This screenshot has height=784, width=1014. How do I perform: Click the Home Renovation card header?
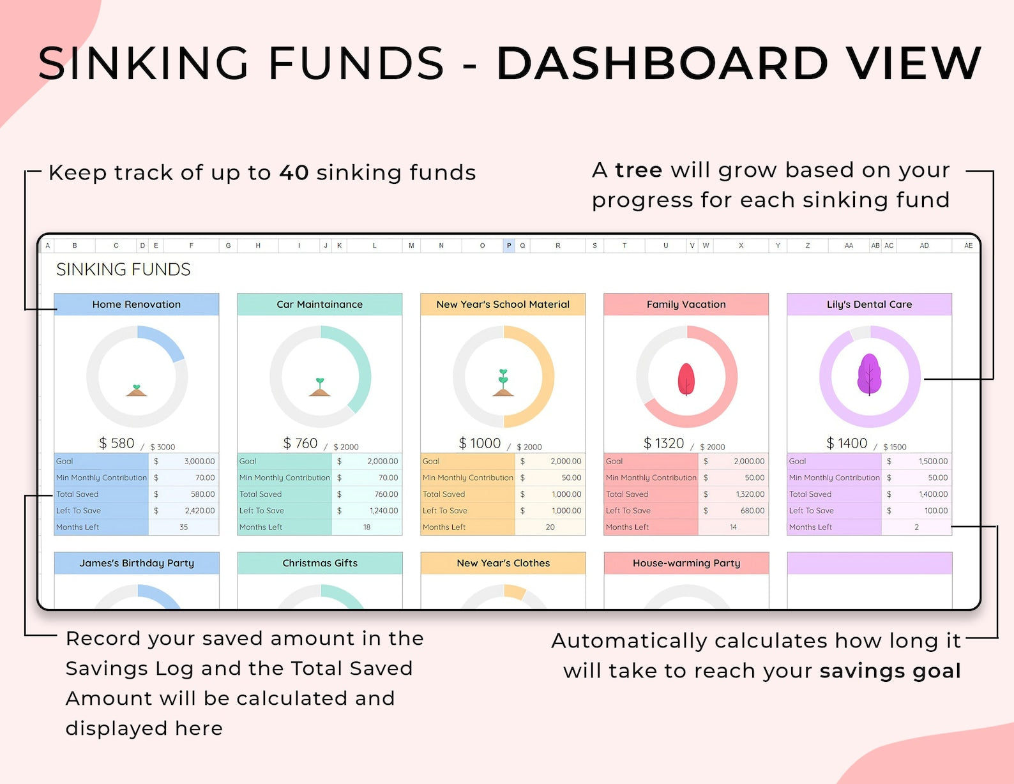point(136,304)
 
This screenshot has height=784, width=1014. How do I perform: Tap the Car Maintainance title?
point(320,304)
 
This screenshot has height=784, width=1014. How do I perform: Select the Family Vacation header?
point(686,304)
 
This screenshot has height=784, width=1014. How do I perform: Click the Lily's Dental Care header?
point(869,304)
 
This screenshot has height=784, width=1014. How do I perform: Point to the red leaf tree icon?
point(686,379)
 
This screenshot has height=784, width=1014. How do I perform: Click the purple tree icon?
point(869,375)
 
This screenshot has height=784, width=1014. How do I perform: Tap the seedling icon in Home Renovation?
point(136,390)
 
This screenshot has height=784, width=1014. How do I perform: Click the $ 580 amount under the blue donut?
point(117,443)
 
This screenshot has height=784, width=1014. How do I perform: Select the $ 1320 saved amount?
point(663,443)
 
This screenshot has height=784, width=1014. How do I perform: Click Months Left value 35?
point(184,527)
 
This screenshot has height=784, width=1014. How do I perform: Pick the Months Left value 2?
point(916,527)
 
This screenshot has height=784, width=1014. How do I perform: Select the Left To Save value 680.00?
point(752,511)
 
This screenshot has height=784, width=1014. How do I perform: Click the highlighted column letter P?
point(509,245)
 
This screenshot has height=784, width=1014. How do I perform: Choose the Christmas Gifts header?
point(320,563)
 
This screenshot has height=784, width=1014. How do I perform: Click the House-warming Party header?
point(686,563)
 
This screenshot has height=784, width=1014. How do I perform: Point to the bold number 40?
point(294,172)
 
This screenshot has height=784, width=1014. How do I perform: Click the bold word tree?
point(639,170)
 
